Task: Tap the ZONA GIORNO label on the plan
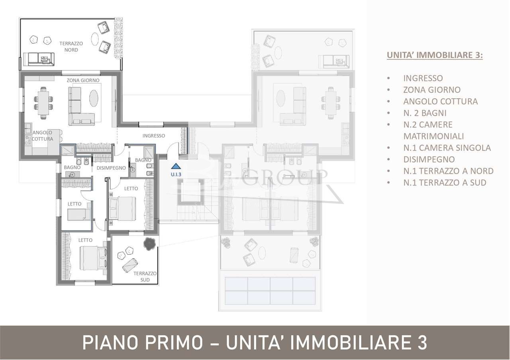click(83, 80)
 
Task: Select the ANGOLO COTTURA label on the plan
click(43, 136)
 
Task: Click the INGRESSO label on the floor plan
click(153, 136)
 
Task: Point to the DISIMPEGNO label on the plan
click(111, 168)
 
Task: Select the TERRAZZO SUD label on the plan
click(145, 277)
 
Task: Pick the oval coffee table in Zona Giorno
click(94, 98)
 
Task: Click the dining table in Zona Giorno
click(43, 103)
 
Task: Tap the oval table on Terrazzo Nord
click(96, 39)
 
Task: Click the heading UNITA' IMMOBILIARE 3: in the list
click(435, 55)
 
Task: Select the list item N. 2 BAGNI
click(425, 113)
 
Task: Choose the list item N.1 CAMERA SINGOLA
click(447, 148)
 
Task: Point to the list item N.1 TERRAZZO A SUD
click(445, 183)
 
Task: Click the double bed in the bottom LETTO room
click(93, 258)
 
